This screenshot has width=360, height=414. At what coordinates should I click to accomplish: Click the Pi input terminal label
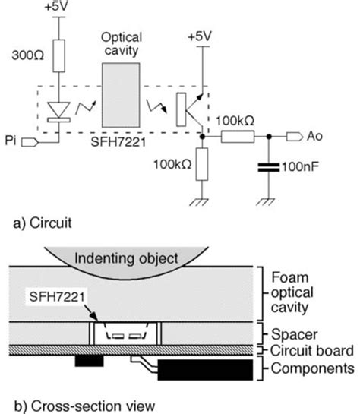pyautogui.click(x=10, y=141)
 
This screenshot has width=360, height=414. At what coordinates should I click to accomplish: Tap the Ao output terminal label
pyautogui.click(x=319, y=138)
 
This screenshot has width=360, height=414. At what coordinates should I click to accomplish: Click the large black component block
pyautogui.click(x=205, y=370)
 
